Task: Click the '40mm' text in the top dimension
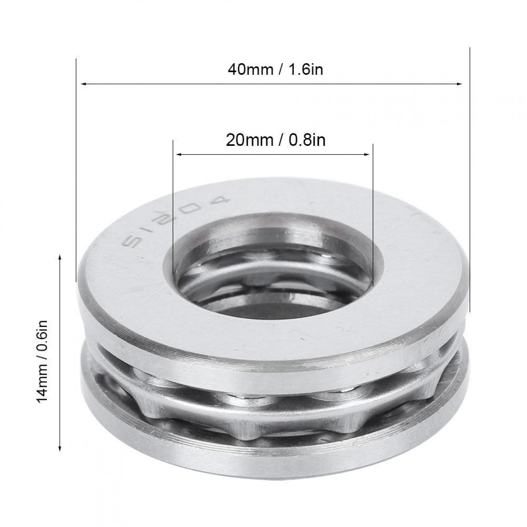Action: tap(250, 70)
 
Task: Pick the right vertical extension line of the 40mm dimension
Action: tap(470, 165)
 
